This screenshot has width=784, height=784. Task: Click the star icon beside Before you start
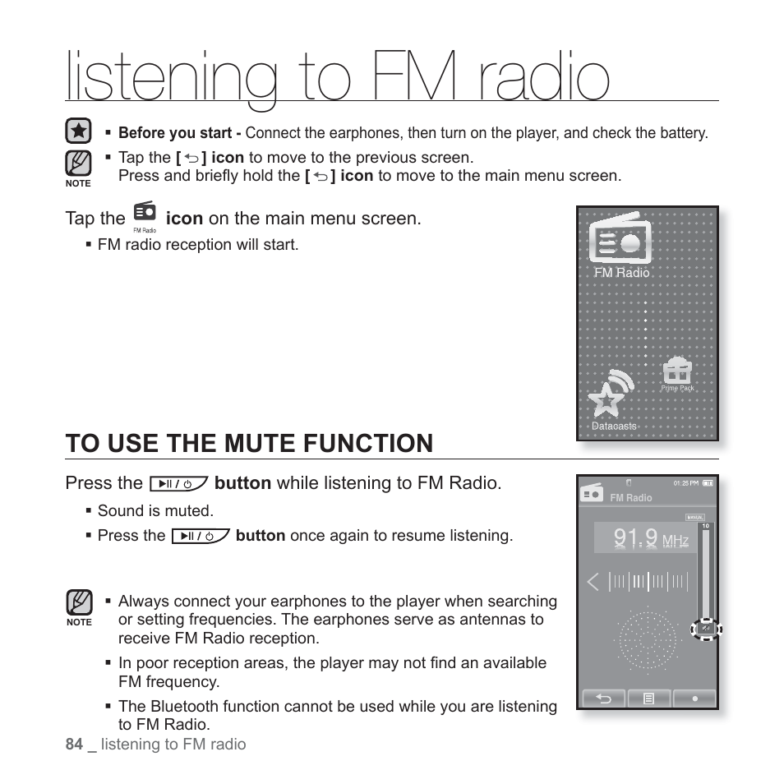coord(78,131)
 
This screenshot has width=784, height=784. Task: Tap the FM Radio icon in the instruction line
coord(144,214)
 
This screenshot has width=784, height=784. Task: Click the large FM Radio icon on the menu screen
coord(620,239)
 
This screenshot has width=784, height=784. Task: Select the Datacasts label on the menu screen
coord(614,427)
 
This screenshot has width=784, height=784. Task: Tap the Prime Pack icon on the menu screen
coord(677,371)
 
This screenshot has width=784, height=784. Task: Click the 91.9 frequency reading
coord(636,538)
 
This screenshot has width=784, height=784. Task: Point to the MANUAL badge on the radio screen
coord(694,517)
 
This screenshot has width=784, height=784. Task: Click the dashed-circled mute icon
coord(705,630)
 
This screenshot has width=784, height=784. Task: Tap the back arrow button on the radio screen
coord(603,699)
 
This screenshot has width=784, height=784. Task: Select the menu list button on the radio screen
coord(648,699)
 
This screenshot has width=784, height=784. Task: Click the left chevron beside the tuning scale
coord(593,583)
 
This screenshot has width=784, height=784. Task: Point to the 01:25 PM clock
coord(685,483)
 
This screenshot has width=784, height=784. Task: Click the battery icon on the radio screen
coord(708,483)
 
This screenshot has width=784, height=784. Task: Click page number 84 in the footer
coord(74,744)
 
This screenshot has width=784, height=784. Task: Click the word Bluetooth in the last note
coord(178,706)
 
